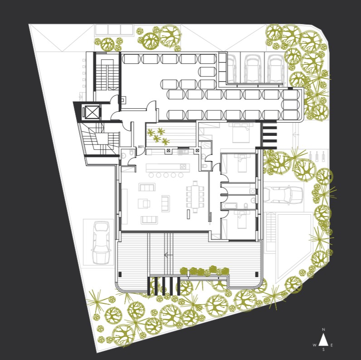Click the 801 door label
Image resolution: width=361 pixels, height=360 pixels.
pyautogui.click(x=140, y=147)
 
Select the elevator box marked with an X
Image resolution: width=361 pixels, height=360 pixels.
pyautogui.click(x=92, y=112)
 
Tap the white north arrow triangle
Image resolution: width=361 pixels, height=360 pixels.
pyautogui.click(x=323, y=340)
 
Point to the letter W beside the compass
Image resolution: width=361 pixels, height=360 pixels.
pyautogui.click(x=314, y=345)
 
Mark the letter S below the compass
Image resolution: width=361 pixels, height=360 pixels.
pyautogui.click(x=323, y=350)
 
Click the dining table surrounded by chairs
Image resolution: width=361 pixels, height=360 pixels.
pyautogui.click(x=195, y=196)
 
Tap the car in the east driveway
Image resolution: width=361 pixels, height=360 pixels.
pyautogui.click(x=280, y=195)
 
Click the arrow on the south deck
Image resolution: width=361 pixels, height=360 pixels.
pyautogui.click(x=168, y=255)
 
